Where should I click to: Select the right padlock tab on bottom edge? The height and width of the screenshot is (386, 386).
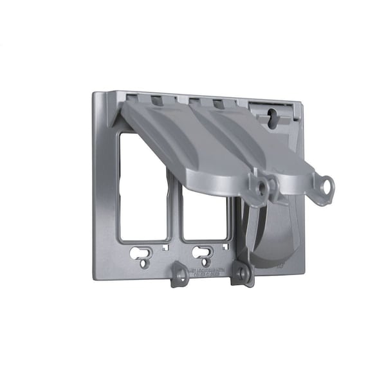[243, 273]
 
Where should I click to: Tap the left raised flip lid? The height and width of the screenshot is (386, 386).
[193, 148]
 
